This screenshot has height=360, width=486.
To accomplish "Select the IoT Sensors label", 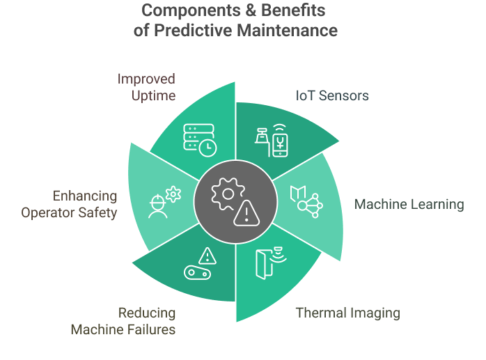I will tap(331, 95).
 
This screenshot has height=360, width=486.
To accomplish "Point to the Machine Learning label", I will tap(409, 204).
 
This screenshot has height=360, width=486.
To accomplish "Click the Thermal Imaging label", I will tap(347, 313).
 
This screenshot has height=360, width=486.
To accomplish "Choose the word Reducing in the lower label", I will tap(146, 313).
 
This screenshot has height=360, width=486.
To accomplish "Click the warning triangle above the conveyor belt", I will tap(207, 256).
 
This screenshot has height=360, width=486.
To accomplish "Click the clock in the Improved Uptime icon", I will tap(207, 148).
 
